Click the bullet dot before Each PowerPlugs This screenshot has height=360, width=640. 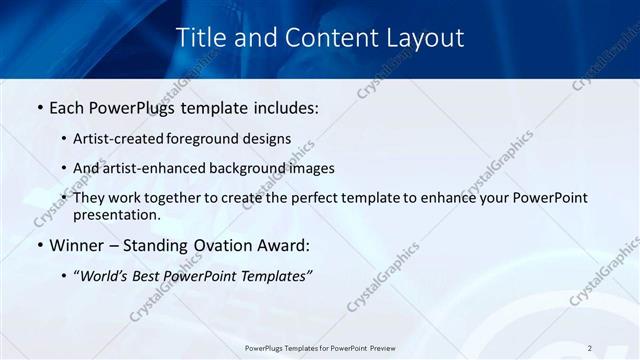(x=39, y=106)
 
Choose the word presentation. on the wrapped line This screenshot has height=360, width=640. (x=116, y=214)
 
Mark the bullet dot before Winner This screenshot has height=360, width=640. (x=39, y=245)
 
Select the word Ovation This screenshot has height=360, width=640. (x=228, y=245)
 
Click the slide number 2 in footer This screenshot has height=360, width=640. (x=590, y=348)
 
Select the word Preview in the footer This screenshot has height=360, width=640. (x=383, y=348)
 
